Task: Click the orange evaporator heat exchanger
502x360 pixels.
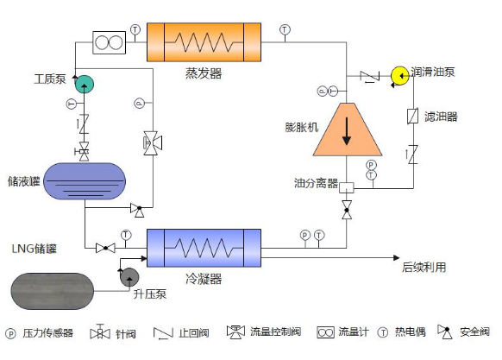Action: click(x=204, y=42)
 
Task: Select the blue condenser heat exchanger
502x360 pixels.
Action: click(x=204, y=248)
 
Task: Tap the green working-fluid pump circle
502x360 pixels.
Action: click(x=85, y=85)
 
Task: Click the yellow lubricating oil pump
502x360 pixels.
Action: click(x=400, y=76)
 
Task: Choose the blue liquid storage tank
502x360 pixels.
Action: click(x=85, y=181)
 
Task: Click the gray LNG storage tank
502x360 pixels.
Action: click(x=53, y=291)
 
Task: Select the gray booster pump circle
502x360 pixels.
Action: click(x=129, y=277)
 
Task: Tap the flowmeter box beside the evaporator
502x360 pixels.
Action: click(x=110, y=42)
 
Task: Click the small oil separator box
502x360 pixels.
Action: click(x=347, y=187)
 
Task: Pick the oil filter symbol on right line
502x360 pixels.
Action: click(x=413, y=116)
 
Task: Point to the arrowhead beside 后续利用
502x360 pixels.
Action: click(x=397, y=257)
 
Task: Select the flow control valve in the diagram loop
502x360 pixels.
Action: click(x=153, y=143)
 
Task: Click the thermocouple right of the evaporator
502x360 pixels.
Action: click(x=285, y=30)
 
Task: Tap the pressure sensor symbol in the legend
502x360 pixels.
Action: click(x=10, y=333)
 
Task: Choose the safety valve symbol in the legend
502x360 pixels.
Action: click(x=445, y=332)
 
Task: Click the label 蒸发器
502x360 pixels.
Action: click(x=204, y=73)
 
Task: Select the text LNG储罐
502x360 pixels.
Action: click(x=35, y=249)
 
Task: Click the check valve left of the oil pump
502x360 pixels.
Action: click(x=370, y=76)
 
